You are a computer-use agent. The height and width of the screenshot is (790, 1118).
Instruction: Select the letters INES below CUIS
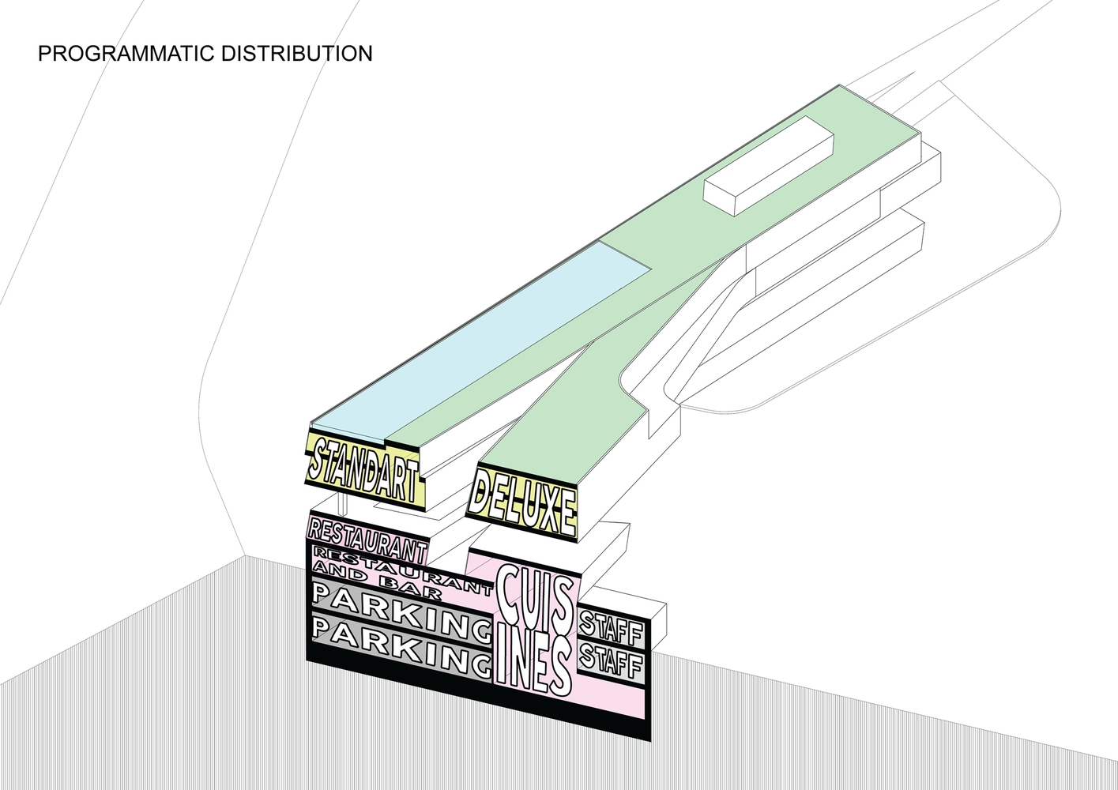[533, 662]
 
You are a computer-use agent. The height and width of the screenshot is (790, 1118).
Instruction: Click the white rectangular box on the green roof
[768, 165]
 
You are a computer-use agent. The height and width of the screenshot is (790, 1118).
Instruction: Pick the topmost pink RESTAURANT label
[367, 536]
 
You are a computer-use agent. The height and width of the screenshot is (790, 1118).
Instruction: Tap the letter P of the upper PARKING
[326, 592]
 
